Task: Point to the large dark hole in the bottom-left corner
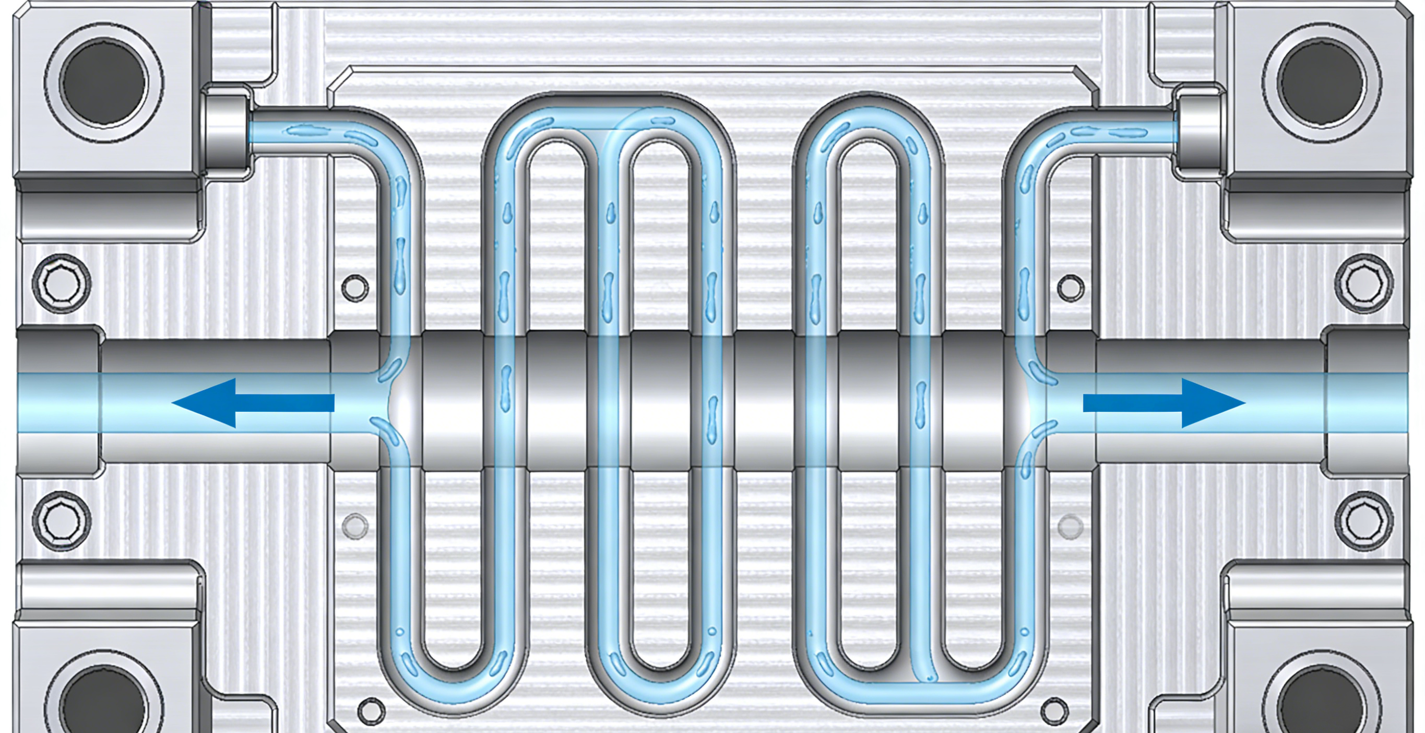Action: coord(104,703)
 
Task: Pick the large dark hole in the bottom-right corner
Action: coord(1322,703)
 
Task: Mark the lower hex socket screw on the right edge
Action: coord(1363,521)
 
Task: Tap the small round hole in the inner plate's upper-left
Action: coord(355,288)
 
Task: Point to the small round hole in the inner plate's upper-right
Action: coord(1071,288)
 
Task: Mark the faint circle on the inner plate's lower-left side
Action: coord(355,526)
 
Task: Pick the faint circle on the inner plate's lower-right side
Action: coord(1071,527)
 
